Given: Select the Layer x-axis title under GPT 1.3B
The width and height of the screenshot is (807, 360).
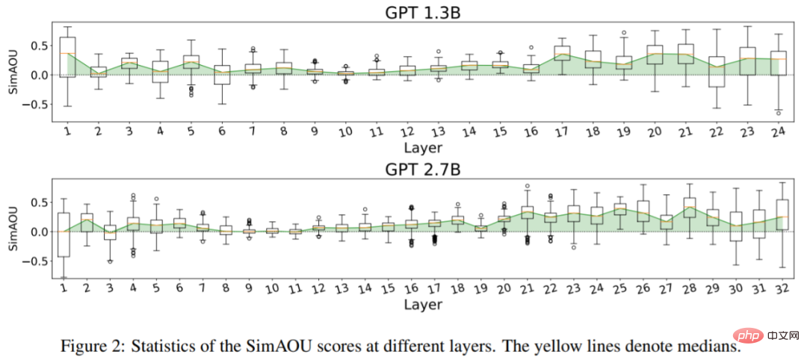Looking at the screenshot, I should pyautogui.click(x=423, y=147).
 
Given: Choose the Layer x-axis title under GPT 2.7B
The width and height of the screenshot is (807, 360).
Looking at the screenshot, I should pyautogui.click(x=423, y=304).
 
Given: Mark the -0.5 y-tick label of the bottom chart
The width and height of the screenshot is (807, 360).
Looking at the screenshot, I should pyautogui.click(x=35, y=261).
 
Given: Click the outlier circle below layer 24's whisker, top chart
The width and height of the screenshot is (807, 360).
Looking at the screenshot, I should pyautogui.click(x=779, y=113).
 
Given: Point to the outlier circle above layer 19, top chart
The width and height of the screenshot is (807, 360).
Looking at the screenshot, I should pyautogui.click(x=624, y=33).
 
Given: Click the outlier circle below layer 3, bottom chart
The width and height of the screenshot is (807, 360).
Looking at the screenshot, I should pyautogui.click(x=110, y=261).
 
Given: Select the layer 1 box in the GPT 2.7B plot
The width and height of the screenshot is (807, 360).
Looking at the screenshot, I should pyautogui.click(x=64, y=235).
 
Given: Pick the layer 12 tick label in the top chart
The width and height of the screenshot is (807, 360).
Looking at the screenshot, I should pyautogui.click(x=404, y=131).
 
